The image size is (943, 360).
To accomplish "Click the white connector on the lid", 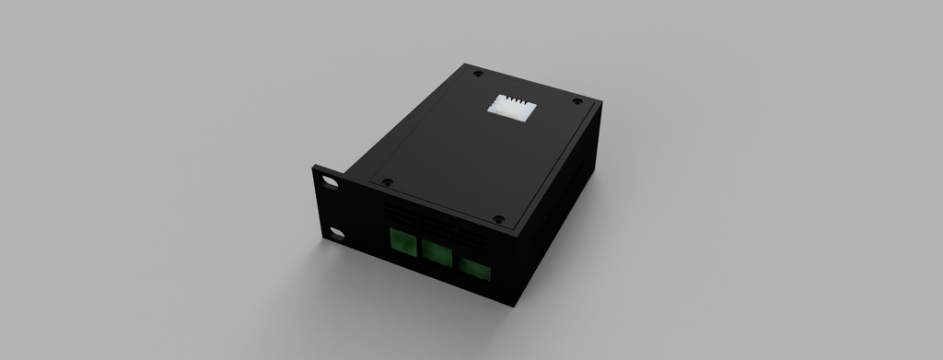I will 510,105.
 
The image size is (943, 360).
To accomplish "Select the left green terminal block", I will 402,242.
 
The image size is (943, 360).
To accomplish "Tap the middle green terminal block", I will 436,252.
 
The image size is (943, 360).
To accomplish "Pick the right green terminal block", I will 475,269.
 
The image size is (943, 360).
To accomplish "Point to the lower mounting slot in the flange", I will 337,234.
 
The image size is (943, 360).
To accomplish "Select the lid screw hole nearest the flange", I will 388,182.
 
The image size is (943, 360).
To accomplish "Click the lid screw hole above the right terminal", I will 498,220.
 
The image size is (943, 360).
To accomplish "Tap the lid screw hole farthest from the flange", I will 577,101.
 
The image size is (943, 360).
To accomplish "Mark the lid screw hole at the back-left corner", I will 477,73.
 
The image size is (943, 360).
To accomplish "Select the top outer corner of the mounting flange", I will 315,167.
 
